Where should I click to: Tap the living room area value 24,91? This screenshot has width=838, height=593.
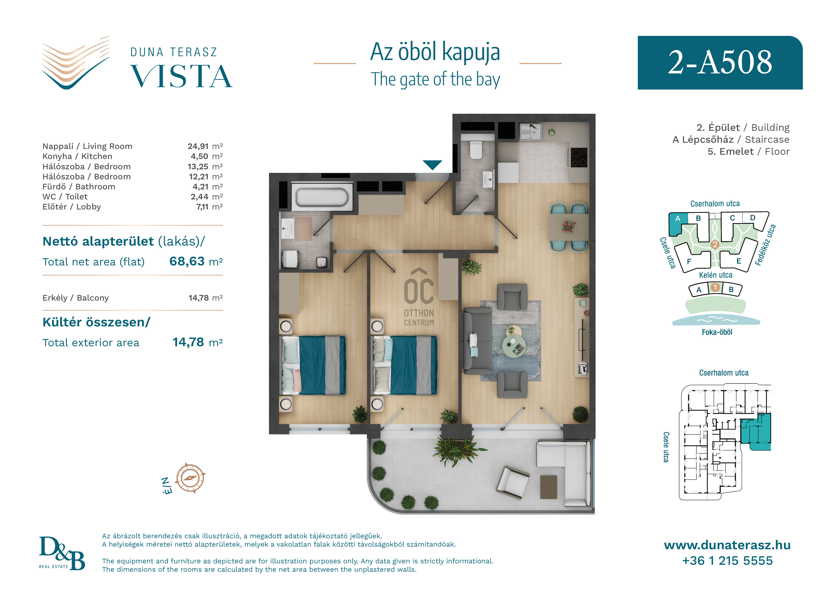(x=198, y=146)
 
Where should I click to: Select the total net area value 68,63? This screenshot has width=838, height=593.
(x=187, y=261)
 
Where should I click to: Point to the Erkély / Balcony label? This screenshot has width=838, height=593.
(x=75, y=298)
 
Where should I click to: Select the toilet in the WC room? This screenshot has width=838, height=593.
(x=476, y=150)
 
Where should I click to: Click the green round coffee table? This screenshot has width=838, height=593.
(x=514, y=345)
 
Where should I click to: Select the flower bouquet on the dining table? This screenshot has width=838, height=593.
(x=568, y=226)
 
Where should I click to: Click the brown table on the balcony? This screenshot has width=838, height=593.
(x=548, y=487)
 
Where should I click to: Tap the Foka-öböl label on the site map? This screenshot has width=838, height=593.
(x=717, y=332)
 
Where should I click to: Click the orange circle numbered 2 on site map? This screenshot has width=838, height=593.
(x=715, y=244)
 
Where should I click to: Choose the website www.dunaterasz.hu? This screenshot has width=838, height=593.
(x=727, y=545)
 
